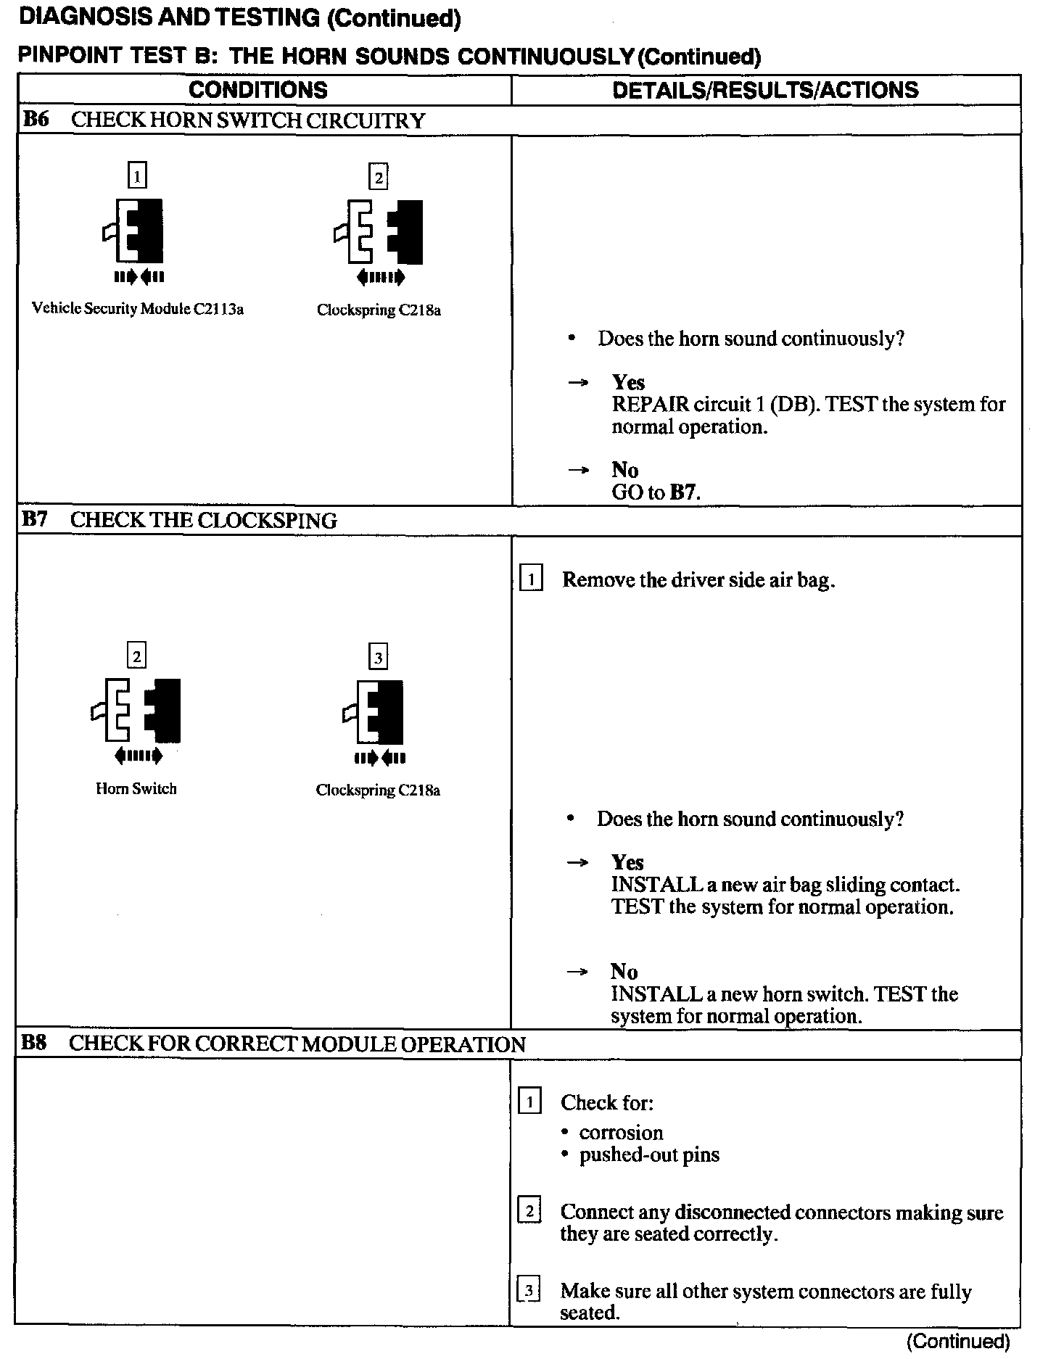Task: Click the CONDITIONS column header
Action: pyautogui.click(x=257, y=90)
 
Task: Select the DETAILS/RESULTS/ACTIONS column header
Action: pyautogui.click(x=765, y=90)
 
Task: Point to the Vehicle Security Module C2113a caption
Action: pyautogui.click(x=138, y=309)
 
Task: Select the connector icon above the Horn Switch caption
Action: pyautogui.click(x=136, y=711)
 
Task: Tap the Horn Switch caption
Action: pyautogui.click(x=136, y=789)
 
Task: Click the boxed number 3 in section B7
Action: pyautogui.click(x=378, y=658)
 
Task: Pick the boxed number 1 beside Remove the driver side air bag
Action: pyautogui.click(x=531, y=579)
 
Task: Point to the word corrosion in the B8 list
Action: pyautogui.click(x=621, y=1133)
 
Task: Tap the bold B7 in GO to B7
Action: pyautogui.click(x=683, y=493)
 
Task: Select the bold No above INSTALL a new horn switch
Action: pyautogui.click(x=624, y=972)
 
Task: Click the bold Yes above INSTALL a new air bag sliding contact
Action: pyautogui.click(x=627, y=862)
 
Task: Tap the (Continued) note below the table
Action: pyautogui.click(x=957, y=1342)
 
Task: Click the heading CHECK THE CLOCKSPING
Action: pyautogui.click(x=204, y=521)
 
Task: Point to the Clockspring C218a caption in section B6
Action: pyautogui.click(x=379, y=310)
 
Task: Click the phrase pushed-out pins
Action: pyautogui.click(x=649, y=1154)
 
